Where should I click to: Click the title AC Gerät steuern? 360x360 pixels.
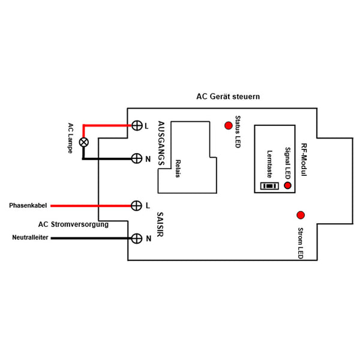228,97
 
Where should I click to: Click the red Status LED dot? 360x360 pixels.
228,125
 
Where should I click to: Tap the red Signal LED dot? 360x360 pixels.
287,186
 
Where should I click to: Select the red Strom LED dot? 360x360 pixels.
301,215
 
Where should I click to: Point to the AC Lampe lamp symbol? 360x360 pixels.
84,142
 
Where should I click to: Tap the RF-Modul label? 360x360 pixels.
304,159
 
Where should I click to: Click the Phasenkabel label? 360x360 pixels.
28,206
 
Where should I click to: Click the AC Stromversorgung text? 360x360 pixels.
73,225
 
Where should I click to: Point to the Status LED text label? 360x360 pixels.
238,133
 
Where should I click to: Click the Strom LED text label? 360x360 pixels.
301,243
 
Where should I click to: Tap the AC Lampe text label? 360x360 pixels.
70,138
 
